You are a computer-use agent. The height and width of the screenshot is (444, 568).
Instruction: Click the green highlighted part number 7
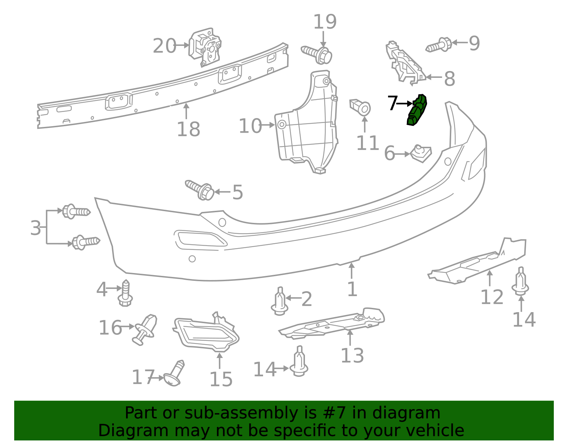click(x=417, y=110)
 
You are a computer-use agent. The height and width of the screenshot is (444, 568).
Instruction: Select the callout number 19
click(x=324, y=22)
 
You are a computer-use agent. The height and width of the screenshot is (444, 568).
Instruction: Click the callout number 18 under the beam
click(x=189, y=129)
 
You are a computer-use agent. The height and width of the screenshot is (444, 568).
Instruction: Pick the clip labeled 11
click(x=360, y=107)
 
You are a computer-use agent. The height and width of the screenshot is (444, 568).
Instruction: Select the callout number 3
click(x=35, y=228)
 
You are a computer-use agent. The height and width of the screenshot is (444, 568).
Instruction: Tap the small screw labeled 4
click(x=125, y=293)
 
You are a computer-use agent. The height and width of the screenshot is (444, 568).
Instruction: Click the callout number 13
click(x=352, y=356)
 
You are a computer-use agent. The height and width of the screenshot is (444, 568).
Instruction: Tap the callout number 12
click(x=492, y=297)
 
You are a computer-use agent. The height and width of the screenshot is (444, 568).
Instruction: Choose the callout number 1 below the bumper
click(x=353, y=289)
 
